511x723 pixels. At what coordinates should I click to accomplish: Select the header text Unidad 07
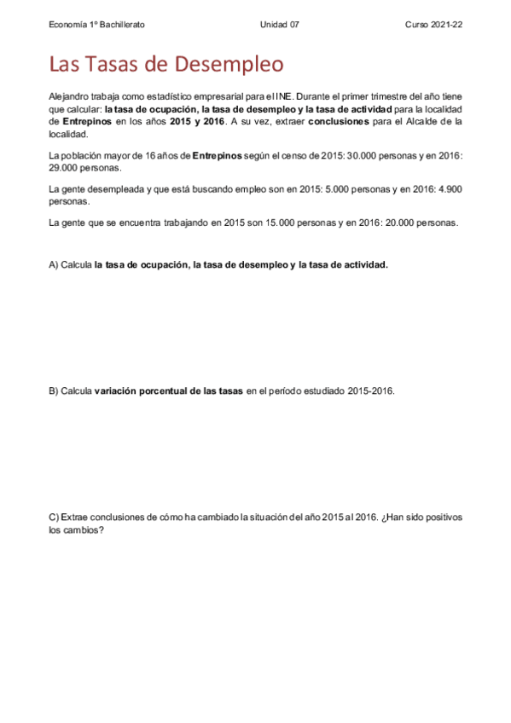tap(279, 25)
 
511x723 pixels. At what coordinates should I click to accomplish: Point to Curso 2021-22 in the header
tap(433, 25)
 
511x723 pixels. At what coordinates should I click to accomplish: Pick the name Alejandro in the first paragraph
tap(71, 98)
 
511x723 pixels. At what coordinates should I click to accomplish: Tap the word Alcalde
tap(427, 122)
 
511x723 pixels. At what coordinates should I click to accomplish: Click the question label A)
tap(54, 264)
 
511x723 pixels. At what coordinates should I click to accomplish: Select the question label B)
tap(54, 391)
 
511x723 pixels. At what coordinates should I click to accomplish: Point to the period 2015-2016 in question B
tap(371, 391)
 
